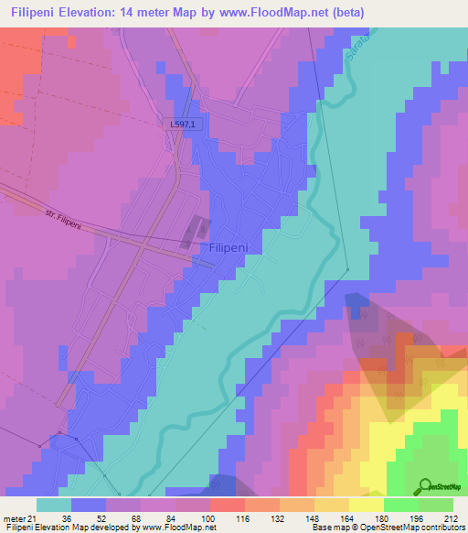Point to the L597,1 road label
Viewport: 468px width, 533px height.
[x=182, y=125]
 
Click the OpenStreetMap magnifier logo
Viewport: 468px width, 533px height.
[x=425, y=486]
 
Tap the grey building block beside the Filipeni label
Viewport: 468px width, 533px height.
[x=196, y=231]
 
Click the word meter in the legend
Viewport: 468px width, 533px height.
[x=15, y=519]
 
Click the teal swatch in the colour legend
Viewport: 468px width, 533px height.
[x=54, y=505]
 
